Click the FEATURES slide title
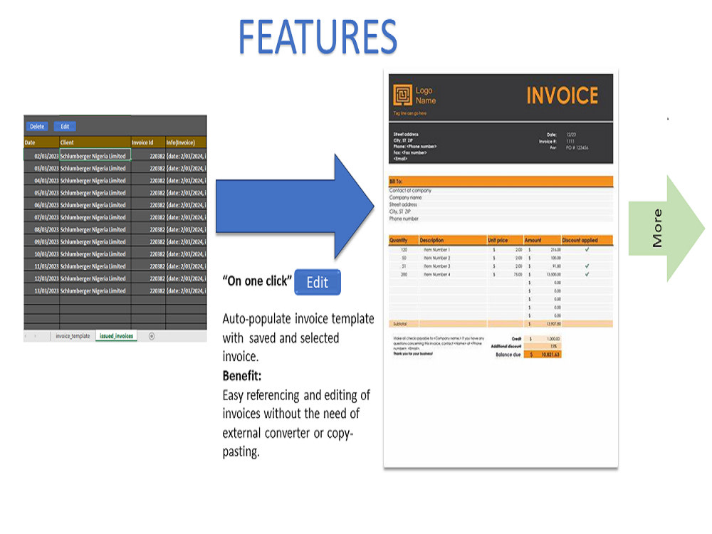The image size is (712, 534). [x=318, y=36]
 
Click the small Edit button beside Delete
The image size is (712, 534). [x=65, y=127]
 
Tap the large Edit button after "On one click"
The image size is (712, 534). [x=317, y=283]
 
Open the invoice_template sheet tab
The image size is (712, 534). [x=73, y=336]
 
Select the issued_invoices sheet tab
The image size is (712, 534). [x=116, y=336]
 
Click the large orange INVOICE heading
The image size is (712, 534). [x=562, y=95]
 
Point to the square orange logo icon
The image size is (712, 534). [x=402, y=95]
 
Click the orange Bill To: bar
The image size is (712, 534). [x=501, y=181]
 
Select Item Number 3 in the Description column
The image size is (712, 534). [x=437, y=266]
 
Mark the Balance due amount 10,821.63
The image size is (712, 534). [x=545, y=354]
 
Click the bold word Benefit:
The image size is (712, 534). [x=242, y=375]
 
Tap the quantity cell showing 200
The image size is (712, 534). [x=404, y=274]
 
